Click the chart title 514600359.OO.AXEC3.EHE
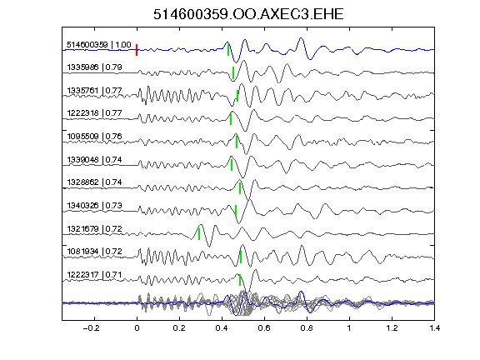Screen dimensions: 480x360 coord(248,14)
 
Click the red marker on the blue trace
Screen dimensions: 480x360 coord(137,50)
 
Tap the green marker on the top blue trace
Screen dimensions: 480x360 coord(228,50)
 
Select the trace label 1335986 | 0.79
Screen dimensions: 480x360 coord(95,67)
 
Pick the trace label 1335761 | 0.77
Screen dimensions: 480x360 coord(95,91)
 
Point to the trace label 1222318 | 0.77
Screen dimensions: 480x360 coord(95,113)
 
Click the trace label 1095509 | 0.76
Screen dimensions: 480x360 coord(95,136)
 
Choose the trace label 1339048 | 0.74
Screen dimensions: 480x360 coord(95,159)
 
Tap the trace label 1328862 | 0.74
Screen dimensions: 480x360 coord(95,182)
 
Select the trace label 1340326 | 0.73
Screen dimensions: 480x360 coord(95,205)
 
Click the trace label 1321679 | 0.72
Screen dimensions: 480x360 coord(95,228)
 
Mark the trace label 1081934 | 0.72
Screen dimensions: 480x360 coord(95,252)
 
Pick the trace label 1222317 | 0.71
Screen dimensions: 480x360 coord(95,275)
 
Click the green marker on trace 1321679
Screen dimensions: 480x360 coord(199,234)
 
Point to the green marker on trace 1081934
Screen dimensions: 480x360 coord(241,257)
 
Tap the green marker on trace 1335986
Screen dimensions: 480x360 coord(233,73)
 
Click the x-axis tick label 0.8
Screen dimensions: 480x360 coord(307,328)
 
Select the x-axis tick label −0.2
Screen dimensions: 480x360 coord(92,328)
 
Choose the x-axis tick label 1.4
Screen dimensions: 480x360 coord(434,328)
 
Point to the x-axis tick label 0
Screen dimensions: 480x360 coord(137,328)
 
